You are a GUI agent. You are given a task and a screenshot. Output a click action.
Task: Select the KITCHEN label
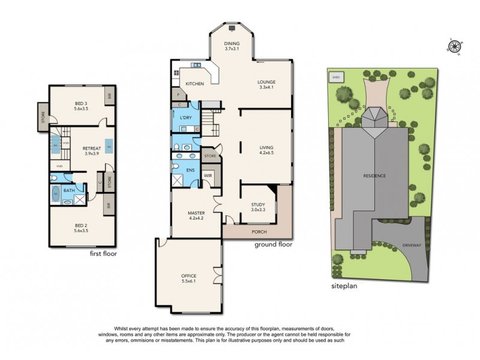coord(194,83)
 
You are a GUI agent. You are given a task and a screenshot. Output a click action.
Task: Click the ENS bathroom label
coord(191,170)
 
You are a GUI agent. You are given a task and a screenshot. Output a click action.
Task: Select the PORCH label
coord(259,232)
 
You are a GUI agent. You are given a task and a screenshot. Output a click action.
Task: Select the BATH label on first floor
coord(70,191)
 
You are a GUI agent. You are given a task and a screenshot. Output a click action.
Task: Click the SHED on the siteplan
coord(334,77)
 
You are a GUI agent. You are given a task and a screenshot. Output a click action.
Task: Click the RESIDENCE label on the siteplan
coord(374,175)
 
